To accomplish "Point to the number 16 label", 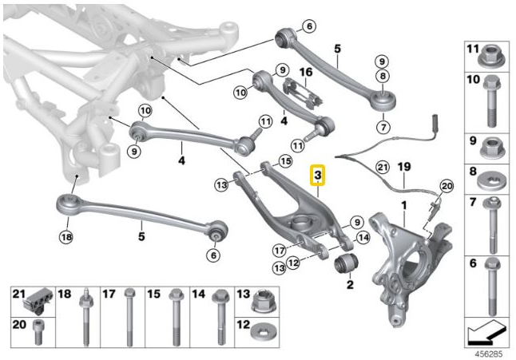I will [304, 73].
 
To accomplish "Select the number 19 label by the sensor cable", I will [403, 167].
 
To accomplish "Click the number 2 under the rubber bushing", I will [348, 283].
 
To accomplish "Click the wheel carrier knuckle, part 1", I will [407, 255].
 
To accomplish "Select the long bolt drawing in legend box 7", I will [489, 227].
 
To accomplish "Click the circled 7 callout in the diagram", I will [383, 126].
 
